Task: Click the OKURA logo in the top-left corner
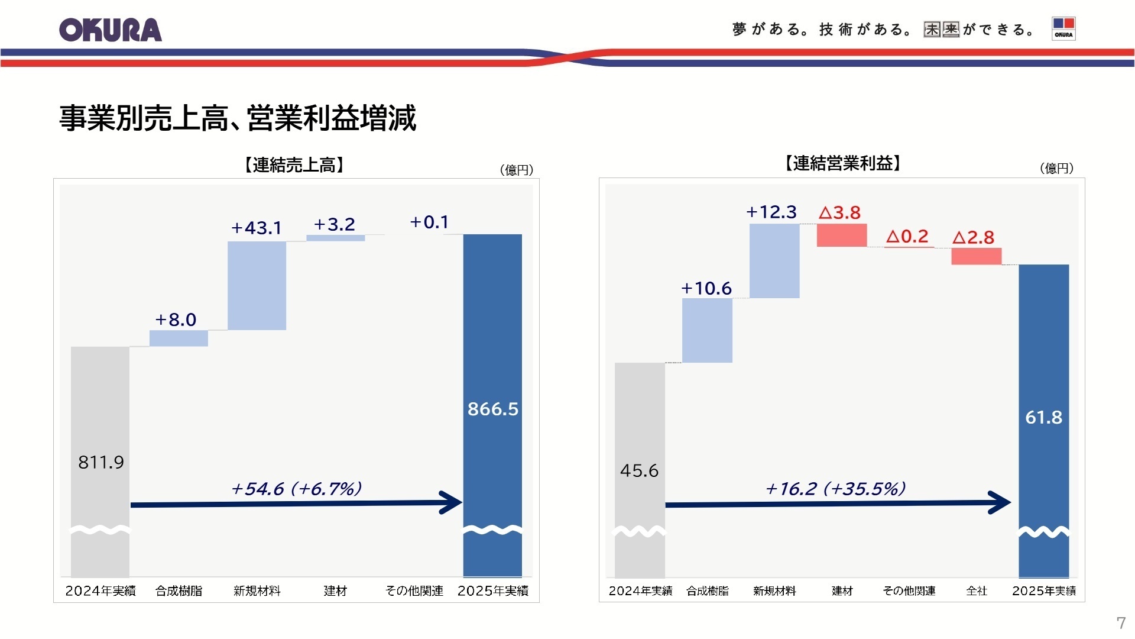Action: (x=111, y=30)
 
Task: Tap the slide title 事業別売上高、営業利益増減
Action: (x=238, y=118)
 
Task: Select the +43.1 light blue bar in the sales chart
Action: (x=257, y=286)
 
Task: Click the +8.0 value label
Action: (x=176, y=320)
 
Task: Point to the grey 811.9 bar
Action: (x=100, y=414)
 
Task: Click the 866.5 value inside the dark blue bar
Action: (x=492, y=409)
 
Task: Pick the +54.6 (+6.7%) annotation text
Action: (x=296, y=489)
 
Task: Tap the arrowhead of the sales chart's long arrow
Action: (x=453, y=503)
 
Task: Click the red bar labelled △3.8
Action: (x=841, y=235)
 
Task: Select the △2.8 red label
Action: (x=973, y=238)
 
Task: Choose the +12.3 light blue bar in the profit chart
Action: (x=774, y=261)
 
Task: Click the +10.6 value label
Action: (x=706, y=289)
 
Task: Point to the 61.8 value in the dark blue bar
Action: (x=1043, y=418)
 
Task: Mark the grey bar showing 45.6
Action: (x=640, y=426)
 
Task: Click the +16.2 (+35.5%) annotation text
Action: (x=835, y=489)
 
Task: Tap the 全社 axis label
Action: (x=977, y=590)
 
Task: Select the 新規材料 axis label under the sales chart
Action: (x=257, y=590)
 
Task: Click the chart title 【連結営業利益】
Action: (x=842, y=163)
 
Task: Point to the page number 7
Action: (x=1121, y=622)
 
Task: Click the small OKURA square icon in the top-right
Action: (x=1063, y=28)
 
